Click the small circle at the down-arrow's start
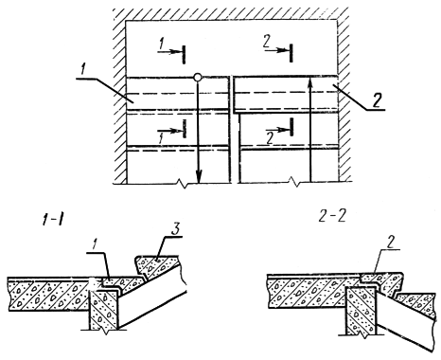(x=198, y=78)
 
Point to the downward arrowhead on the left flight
(x=199, y=176)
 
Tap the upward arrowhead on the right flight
(x=310, y=83)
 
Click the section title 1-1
(x=52, y=221)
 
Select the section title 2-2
(x=331, y=217)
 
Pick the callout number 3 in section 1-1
(x=175, y=230)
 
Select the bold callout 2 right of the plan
(x=376, y=100)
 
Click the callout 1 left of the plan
(x=83, y=69)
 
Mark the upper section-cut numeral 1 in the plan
(x=162, y=45)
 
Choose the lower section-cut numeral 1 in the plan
(x=162, y=139)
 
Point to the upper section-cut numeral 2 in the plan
(x=267, y=43)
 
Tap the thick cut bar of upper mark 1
(x=184, y=54)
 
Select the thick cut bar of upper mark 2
(x=291, y=53)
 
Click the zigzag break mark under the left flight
(x=183, y=183)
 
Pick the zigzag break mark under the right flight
(x=294, y=183)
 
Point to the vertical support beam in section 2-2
(x=362, y=311)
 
